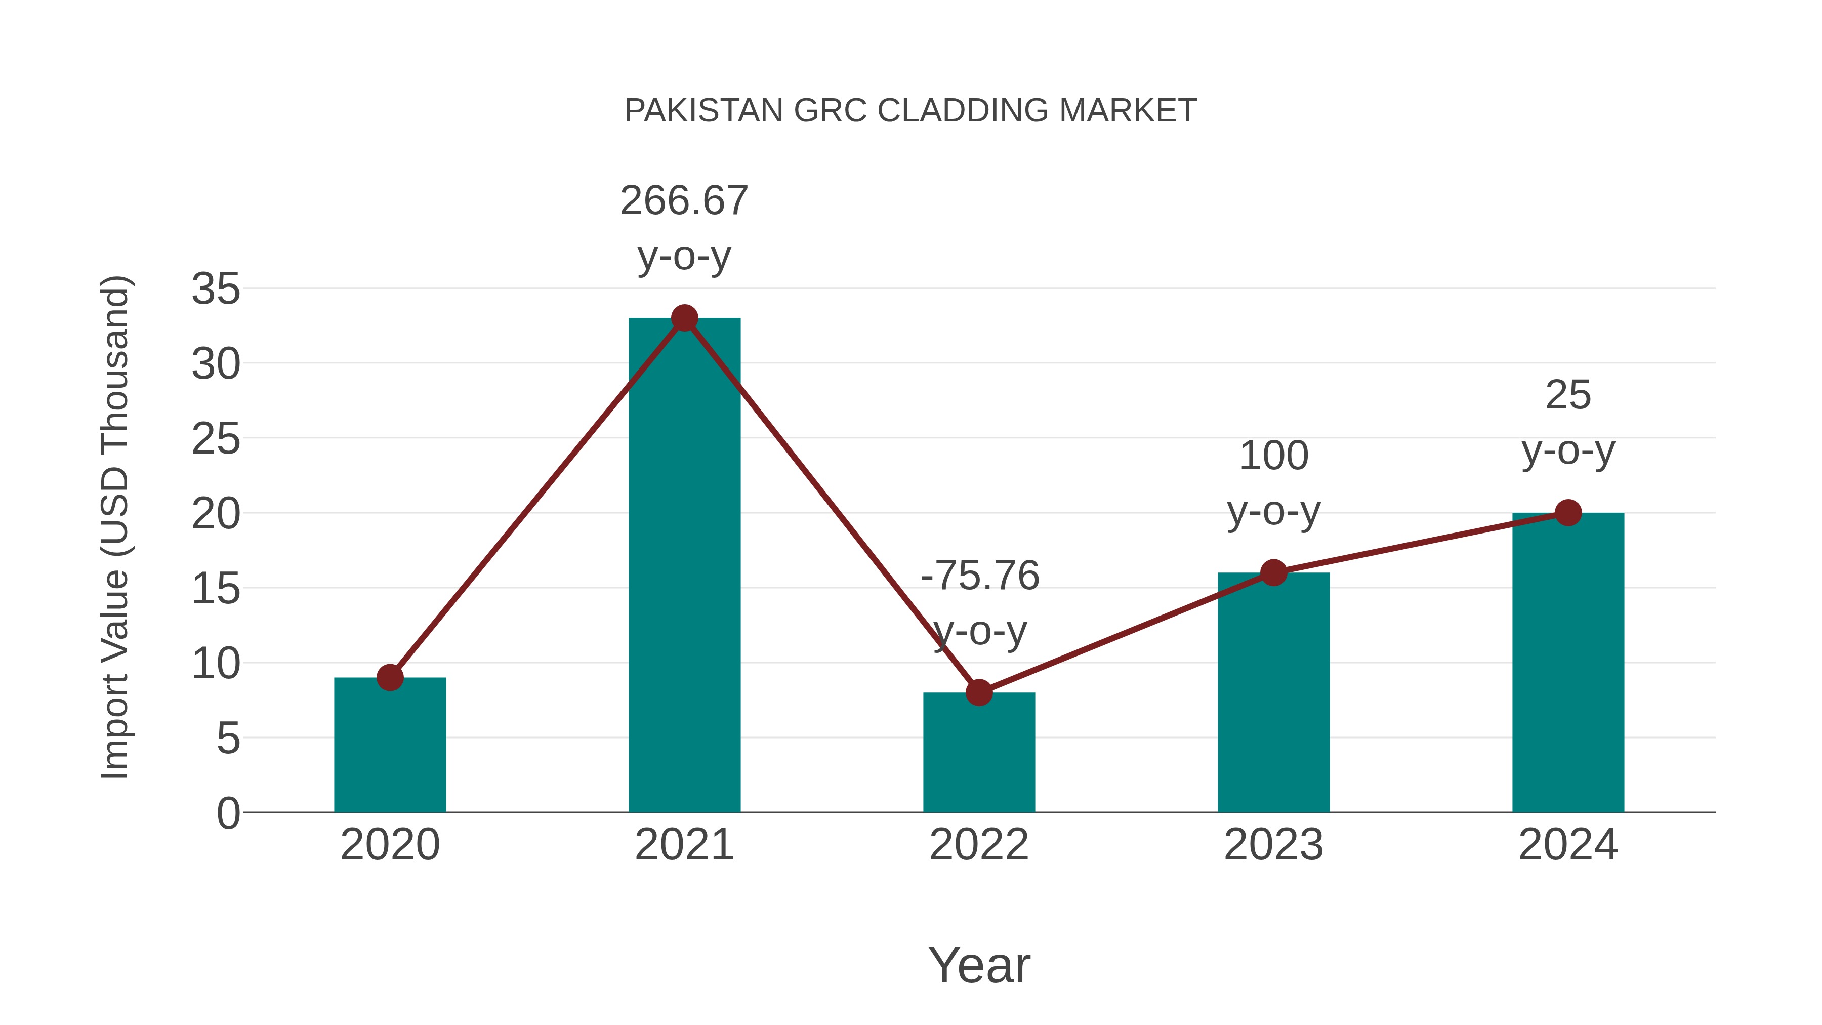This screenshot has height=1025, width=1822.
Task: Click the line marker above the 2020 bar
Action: click(x=390, y=678)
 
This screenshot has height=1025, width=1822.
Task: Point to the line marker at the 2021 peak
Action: click(x=684, y=318)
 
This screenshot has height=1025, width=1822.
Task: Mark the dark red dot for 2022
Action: click(x=979, y=692)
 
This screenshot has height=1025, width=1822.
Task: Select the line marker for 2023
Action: click(x=1273, y=572)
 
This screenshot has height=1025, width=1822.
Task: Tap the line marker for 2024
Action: click(x=1568, y=513)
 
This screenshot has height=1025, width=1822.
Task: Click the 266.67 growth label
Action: click(x=684, y=201)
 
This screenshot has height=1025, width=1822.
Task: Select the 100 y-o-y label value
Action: click(x=1273, y=456)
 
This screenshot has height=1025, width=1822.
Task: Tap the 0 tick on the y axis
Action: click(x=228, y=813)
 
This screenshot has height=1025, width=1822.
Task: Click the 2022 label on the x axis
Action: click(x=979, y=845)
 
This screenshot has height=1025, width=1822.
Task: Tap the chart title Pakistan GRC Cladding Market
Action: click(x=910, y=111)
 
